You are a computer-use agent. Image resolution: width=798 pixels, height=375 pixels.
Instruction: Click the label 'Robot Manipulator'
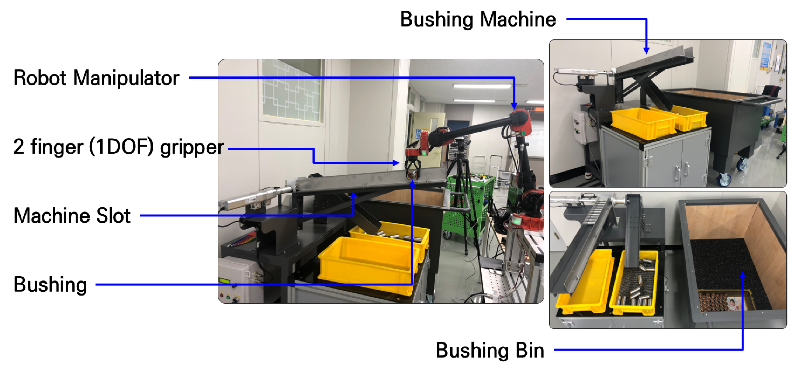(x=96, y=78)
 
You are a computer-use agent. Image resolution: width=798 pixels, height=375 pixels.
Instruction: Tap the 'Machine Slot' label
(x=72, y=215)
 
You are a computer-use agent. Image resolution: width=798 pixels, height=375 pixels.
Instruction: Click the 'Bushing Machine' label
(x=478, y=19)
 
